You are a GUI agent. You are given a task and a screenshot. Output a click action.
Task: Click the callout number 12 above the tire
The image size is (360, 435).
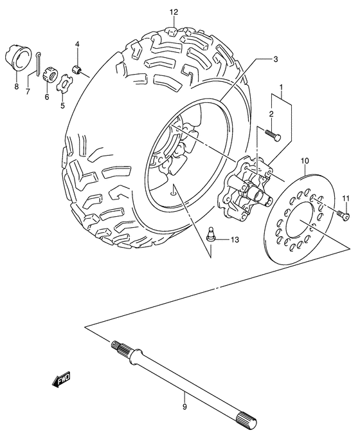click(x=173, y=12)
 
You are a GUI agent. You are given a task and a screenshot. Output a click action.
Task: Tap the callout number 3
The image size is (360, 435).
click(x=274, y=59)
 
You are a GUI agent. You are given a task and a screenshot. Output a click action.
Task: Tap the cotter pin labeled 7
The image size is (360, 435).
click(x=39, y=60)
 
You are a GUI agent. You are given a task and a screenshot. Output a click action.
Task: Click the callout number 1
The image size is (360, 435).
click(x=280, y=87)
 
